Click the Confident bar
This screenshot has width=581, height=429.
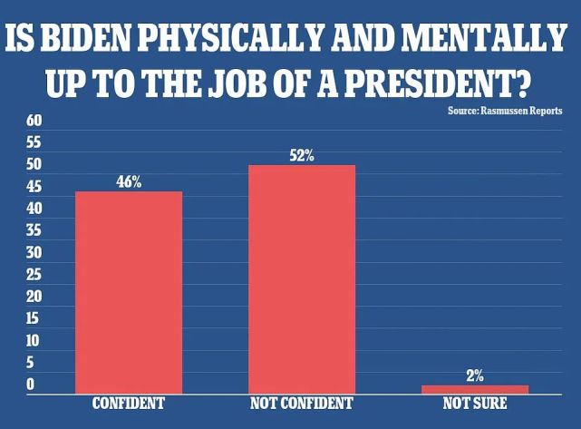[x=129, y=292]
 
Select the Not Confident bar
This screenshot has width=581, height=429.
[x=302, y=279]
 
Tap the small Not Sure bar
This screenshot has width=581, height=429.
[x=474, y=389]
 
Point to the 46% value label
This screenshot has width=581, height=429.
[x=129, y=181]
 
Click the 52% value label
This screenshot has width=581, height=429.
[x=302, y=155]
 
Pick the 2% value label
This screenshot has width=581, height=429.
[x=475, y=375]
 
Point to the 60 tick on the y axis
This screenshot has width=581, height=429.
[x=34, y=121]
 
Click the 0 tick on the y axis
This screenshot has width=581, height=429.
[x=30, y=385]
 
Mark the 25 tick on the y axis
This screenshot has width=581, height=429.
[x=34, y=275]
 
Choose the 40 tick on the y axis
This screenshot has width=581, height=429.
[x=34, y=209]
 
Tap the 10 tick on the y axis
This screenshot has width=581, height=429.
[x=34, y=341]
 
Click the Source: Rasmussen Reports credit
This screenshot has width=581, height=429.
[x=505, y=110]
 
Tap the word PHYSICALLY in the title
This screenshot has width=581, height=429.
[x=238, y=40]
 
